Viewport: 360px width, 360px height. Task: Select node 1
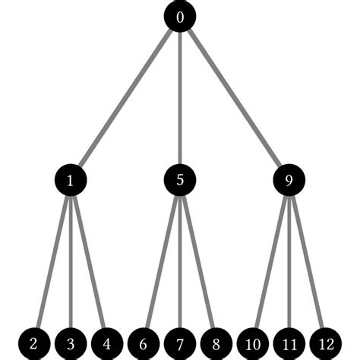tap(70, 180)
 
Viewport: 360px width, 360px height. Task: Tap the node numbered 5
tap(179, 180)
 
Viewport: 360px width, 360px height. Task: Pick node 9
tap(289, 180)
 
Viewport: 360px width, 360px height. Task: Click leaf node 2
tap(33, 343)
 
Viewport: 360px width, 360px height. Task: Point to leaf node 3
tap(70, 343)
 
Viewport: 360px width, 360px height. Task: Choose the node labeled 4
tap(106, 343)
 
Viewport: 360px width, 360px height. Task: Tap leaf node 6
tap(143, 343)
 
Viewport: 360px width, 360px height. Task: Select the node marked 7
tap(179, 343)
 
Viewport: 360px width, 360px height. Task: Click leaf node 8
tap(216, 343)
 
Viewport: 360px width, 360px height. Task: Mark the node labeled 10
tap(252, 343)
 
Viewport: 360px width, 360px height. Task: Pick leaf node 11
tap(289, 343)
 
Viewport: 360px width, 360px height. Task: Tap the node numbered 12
tap(325, 343)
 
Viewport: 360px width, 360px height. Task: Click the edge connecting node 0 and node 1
tap(125, 99)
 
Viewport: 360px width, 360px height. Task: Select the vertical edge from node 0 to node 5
tap(179, 99)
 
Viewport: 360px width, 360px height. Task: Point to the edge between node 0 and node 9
tap(234, 99)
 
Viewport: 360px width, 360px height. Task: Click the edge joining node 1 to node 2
tap(52, 262)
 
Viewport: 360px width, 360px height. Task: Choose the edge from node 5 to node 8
tap(197, 262)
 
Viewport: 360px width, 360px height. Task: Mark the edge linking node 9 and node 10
tap(270, 262)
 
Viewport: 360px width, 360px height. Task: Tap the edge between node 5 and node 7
tap(179, 262)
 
